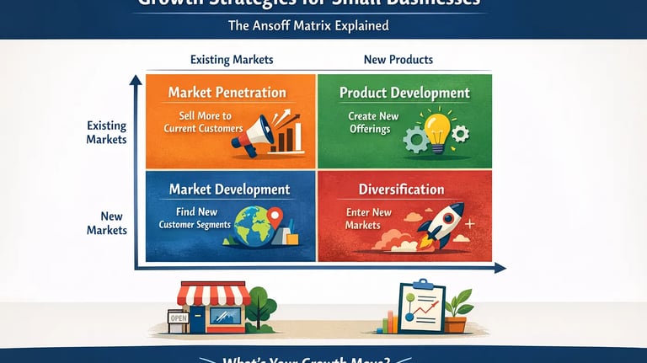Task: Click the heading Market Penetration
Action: pyautogui.click(x=227, y=93)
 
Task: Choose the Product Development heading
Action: pyautogui.click(x=404, y=93)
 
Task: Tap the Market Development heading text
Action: pyautogui.click(x=229, y=190)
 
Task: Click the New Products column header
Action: pyautogui.click(x=398, y=61)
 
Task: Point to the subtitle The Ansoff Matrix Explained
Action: pyautogui.click(x=308, y=25)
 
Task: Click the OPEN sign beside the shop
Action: pyautogui.click(x=178, y=318)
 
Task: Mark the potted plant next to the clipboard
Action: pyautogui.click(x=457, y=311)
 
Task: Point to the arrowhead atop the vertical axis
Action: pyautogui.click(x=134, y=81)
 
